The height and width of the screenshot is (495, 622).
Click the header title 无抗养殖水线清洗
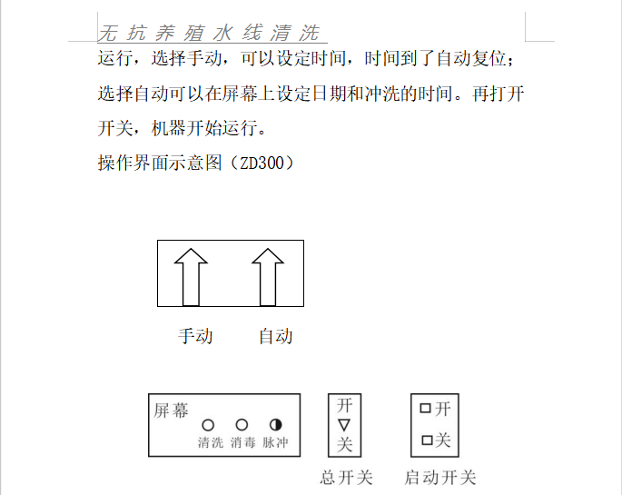[209, 34]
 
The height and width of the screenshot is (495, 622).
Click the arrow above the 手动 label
[191, 276]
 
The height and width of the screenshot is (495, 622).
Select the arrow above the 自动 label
[268, 276]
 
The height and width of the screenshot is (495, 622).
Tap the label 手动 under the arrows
[195, 336]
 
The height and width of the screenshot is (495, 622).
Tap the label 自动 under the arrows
[276, 336]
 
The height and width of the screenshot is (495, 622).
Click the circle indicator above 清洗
[208, 424]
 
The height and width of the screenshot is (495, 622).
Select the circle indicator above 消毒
[242, 424]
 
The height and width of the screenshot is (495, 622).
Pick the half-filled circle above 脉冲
[275, 424]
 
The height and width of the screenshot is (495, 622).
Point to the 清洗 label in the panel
[211, 443]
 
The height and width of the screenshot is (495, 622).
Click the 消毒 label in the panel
[242, 443]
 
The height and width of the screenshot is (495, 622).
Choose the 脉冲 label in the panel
[275, 443]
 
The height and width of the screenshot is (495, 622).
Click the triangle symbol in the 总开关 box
[343, 424]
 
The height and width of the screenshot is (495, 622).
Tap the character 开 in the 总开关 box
[344, 405]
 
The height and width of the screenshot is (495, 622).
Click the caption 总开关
[347, 478]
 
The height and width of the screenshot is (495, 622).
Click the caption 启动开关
[439, 478]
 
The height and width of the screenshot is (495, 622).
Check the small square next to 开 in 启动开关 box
[425, 409]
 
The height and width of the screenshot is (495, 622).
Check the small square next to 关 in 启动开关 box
[425, 441]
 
